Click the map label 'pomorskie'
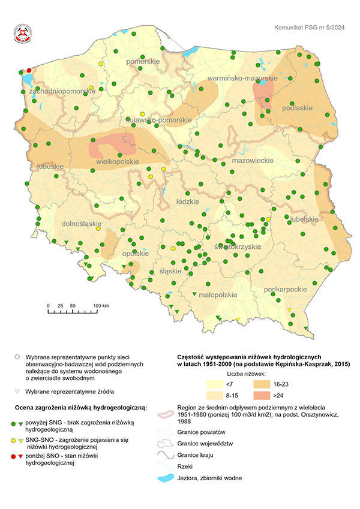pyautogui.click(x=142, y=62)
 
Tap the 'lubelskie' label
pyautogui.click(x=303, y=219)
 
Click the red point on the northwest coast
pyautogui.click(x=29, y=70)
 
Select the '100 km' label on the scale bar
pyautogui.click(x=100, y=306)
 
